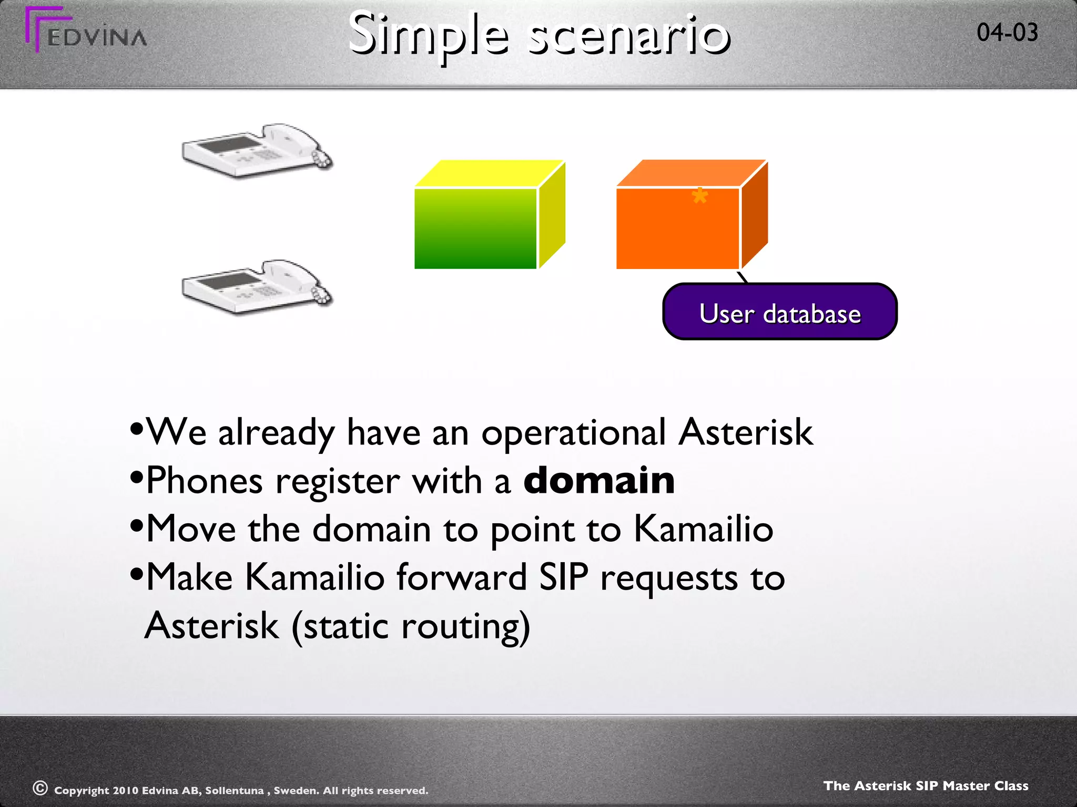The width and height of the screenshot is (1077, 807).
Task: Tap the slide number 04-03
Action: [x=1007, y=33]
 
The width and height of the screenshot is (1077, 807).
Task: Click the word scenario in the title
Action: [x=629, y=36]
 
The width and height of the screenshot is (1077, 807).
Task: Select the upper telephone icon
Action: [x=257, y=150]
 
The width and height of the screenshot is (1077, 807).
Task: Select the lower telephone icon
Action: [x=257, y=286]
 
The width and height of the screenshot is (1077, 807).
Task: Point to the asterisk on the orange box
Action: [x=699, y=197]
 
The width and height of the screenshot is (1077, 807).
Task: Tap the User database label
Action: [x=780, y=314]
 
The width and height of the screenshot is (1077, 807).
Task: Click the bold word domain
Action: [x=599, y=480]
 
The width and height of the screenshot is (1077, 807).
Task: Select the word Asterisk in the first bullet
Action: [x=745, y=432]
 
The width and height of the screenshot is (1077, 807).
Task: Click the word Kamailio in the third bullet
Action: [x=703, y=529]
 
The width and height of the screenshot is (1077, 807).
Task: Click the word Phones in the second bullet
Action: [x=204, y=480]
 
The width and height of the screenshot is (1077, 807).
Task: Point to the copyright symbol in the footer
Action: [x=40, y=788]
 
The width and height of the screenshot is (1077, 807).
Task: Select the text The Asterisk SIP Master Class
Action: [x=926, y=785]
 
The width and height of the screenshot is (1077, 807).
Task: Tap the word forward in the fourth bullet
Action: [x=461, y=577]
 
